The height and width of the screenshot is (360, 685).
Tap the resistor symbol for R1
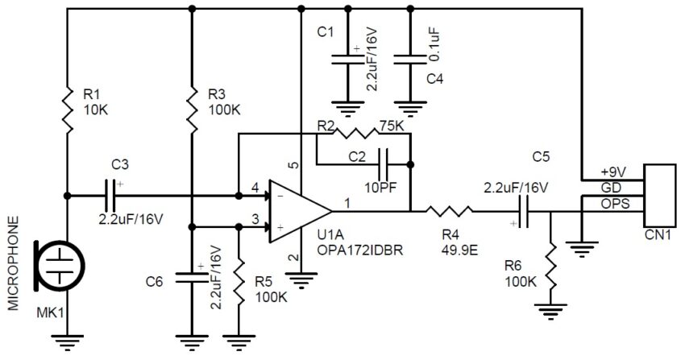click(x=68, y=101)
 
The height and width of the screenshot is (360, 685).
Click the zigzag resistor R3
click(x=192, y=101)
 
